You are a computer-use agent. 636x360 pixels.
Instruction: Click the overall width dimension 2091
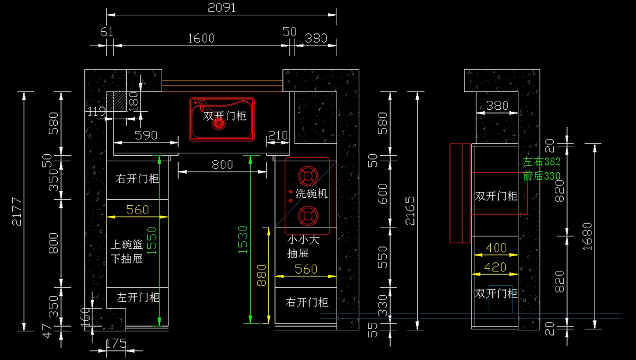point(222,8)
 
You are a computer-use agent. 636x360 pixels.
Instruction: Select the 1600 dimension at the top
point(201,38)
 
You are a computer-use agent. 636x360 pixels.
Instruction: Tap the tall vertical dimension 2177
point(17,212)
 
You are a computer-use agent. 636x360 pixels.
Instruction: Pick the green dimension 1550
point(152,241)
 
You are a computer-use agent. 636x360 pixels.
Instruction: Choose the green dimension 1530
point(243,239)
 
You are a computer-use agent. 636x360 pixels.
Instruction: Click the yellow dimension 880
point(261,276)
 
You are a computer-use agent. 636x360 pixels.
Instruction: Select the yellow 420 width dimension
point(496,267)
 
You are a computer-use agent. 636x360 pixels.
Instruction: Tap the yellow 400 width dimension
point(496,248)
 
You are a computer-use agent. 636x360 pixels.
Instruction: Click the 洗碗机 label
point(312,194)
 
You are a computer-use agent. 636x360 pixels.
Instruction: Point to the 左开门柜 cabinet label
point(138,297)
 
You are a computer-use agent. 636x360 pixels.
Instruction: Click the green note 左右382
point(541,162)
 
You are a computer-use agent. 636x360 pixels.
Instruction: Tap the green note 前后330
point(541,175)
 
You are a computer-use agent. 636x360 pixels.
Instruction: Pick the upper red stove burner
point(306,175)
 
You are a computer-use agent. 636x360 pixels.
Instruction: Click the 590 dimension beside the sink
point(146,135)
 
